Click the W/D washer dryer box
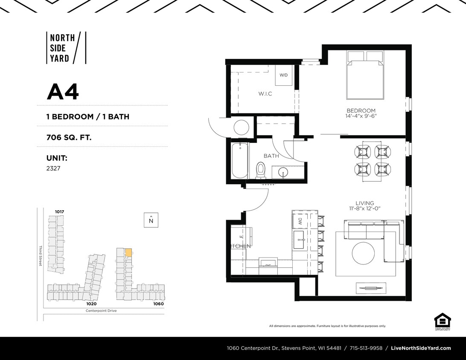(x=284, y=75)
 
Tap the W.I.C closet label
(x=265, y=93)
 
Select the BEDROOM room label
(x=361, y=110)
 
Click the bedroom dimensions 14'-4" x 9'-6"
(x=361, y=116)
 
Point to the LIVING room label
(x=364, y=203)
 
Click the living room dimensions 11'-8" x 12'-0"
(x=364, y=209)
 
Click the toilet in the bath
(x=260, y=170)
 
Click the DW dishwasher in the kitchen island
(x=300, y=221)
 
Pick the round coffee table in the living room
(x=363, y=253)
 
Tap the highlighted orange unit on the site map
(x=128, y=253)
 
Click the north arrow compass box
(x=151, y=220)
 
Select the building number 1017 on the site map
(x=59, y=212)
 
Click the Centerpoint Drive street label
(x=101, y=311)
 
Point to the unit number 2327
(x=53, y=168)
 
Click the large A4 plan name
(x=63, y=92)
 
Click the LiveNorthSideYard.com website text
(x=421, y=348)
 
